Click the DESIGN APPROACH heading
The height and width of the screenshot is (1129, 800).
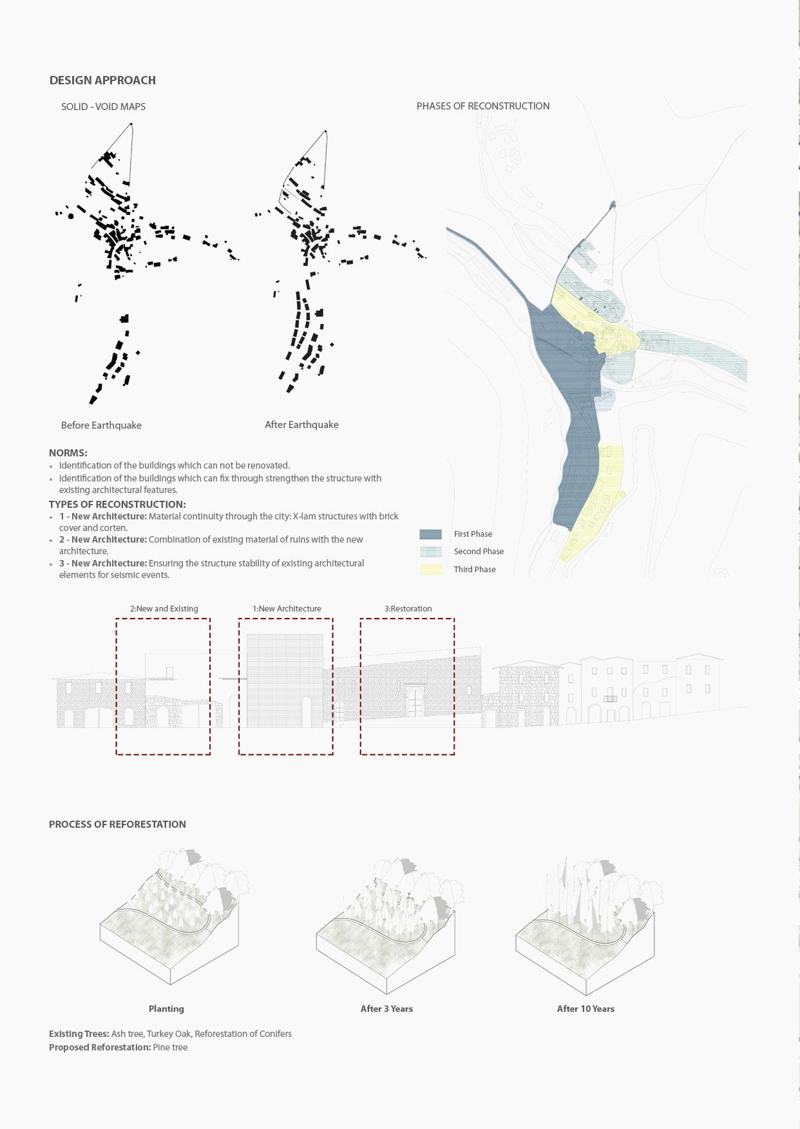[102, 80]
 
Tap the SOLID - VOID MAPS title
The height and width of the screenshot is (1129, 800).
[103, 107]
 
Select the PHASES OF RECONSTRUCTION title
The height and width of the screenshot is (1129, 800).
[482, 106]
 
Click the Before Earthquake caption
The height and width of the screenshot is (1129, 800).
[101, 425]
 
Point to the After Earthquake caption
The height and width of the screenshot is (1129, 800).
[301, 425]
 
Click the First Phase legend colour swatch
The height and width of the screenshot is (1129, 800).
[430, 534]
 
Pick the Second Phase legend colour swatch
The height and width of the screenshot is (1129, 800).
[430, 552]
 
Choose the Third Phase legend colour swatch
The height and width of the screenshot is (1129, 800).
[430, 570]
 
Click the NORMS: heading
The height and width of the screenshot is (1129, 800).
[68, 453]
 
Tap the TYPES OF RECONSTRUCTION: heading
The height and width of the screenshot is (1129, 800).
[117, 505]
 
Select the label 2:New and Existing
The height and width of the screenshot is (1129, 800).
[164, 609]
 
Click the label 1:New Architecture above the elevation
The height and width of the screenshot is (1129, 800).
[287, 609]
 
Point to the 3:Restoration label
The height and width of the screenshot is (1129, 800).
[408, 609]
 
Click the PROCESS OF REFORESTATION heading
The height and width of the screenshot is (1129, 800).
[117, 825]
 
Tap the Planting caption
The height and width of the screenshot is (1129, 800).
[166, 1009]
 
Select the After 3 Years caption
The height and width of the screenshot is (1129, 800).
[386, 1009]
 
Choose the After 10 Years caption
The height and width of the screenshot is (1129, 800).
[586, 1009]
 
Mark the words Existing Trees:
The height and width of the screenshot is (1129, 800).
[79, 1034]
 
